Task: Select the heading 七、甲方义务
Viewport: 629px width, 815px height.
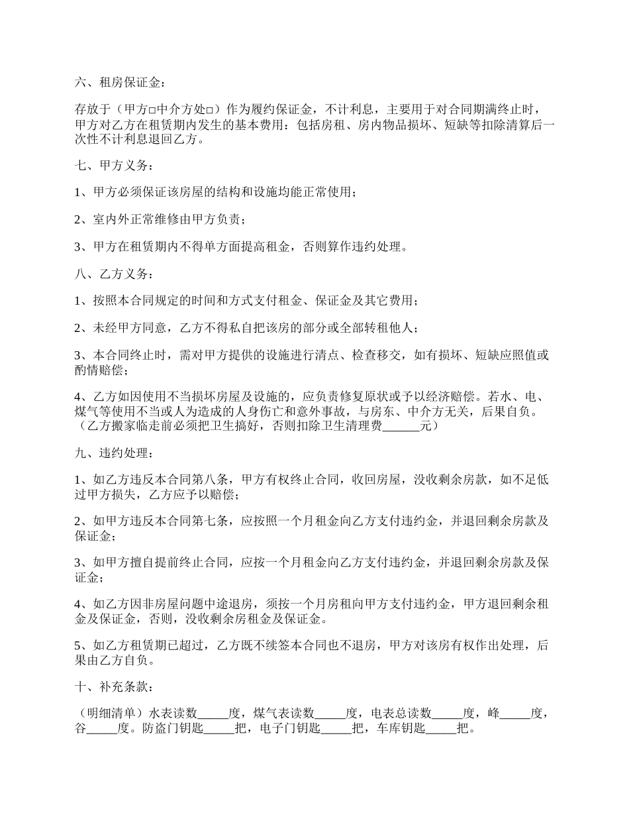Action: tap(111, 164)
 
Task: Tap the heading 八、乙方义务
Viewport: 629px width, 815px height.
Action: tap(111, 274)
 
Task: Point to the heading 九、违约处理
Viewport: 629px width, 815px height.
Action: tap(111, 454)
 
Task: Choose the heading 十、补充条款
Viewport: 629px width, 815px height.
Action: tap(111, 686)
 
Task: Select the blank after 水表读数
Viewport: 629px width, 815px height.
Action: tap(213, 714)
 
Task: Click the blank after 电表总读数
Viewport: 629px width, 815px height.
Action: tap(448, 714)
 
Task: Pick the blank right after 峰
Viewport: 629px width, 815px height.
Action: tap(516, 714)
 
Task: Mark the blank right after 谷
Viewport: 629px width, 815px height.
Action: tap(102, 728)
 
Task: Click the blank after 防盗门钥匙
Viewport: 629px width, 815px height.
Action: tap(219, 728)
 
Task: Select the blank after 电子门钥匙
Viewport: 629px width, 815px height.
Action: tap(336, 728)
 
